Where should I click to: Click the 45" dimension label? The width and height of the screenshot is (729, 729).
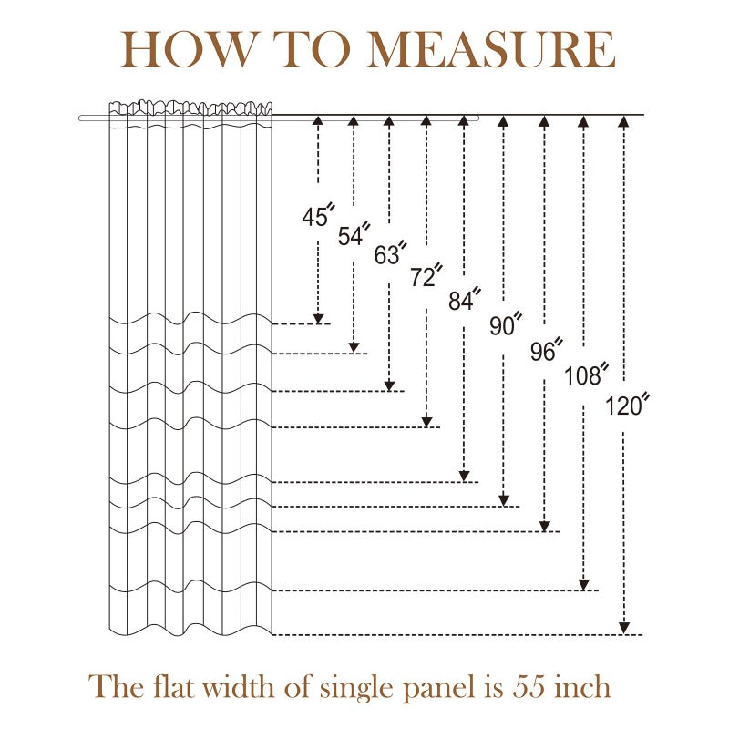point(318,215)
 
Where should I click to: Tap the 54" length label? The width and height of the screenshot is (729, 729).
point(354,234)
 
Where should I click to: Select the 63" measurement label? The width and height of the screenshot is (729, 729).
point(391,253)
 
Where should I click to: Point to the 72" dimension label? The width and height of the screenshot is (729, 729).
point(426,275)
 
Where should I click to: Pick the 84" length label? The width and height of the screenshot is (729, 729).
point(465,299)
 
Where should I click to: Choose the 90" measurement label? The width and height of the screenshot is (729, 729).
point(506,323)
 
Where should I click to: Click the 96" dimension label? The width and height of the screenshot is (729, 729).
point(547,350)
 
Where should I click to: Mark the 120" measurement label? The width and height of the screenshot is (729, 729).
point(627,405)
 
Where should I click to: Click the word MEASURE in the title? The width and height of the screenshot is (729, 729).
point(491,49)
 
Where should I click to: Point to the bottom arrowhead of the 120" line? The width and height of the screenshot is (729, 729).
point(624,628)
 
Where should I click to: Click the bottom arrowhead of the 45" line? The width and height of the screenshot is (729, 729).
point(318,318)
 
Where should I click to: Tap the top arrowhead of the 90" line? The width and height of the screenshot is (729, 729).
point(503,121)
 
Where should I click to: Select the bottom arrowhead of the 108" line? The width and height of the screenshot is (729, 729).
point(584,585)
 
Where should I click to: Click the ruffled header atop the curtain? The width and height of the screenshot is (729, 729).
point(190,108)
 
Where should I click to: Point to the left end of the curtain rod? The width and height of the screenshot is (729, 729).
point(80,118)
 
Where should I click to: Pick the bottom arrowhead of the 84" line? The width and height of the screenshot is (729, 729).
point(464,476)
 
